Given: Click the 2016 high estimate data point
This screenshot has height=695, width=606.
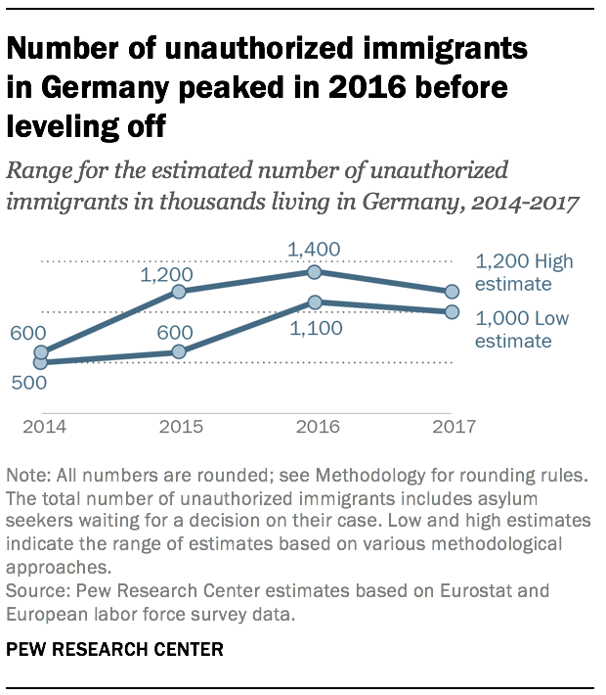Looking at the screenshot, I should (x=315, y=272).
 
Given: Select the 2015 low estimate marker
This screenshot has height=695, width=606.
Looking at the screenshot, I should (x=178, y=351).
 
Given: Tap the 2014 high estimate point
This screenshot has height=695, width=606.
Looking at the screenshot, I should (x=40, y=351).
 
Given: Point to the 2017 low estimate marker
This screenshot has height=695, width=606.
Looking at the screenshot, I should (x=452, y=312).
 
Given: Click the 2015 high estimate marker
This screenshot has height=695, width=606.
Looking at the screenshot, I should (x=178, y=292).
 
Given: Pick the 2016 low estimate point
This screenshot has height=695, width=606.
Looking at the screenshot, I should (x=315, y=302).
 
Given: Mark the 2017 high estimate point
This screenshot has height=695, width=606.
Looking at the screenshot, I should (x=452, y=292).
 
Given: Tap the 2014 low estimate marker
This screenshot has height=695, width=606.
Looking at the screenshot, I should (x=40, y=362).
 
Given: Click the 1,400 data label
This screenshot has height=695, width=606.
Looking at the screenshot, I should (x=315, y=251).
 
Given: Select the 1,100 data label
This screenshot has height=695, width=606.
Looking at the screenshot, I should (x=315, y=329).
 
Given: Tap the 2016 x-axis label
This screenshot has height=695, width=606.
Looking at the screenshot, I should (x=315, y=426).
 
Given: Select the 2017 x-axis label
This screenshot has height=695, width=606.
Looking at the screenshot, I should (x=453, y=426).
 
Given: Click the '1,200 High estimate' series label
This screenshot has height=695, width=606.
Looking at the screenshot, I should (x=524, y=273).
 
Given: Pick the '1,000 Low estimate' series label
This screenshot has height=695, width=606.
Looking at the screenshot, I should (x=522, y=330).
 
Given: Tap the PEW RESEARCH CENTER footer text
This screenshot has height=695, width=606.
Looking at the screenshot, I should (x=113, y=650).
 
